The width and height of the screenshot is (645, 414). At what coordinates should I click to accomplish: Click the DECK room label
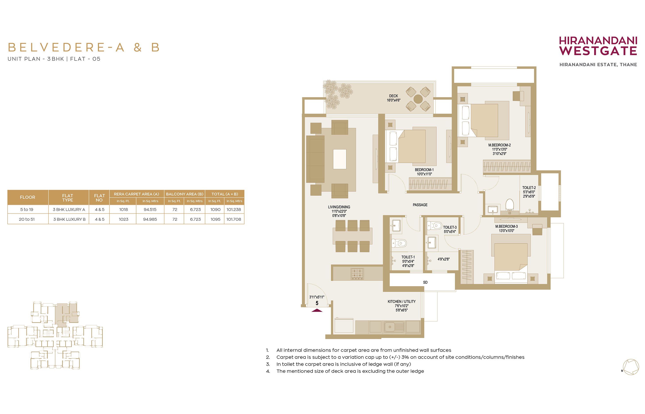click(x=393, y=96)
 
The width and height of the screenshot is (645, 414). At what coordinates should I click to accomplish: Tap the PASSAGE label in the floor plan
click(x=420, y=205)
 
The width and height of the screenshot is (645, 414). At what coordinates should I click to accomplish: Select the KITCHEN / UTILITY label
click(x=401, y=302)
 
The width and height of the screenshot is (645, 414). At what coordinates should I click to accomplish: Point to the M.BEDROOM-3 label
click(x=506, y=226)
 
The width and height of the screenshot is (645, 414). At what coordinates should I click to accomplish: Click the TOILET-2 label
click(x=529, y=188)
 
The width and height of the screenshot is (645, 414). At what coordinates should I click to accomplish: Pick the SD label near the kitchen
click(x=425, y=282)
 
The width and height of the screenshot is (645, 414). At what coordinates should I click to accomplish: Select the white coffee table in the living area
click(x=340, y=159)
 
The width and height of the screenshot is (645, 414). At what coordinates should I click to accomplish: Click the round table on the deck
click(x=418, y=99)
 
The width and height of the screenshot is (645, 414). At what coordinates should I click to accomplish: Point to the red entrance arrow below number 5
click(x=317, y=310)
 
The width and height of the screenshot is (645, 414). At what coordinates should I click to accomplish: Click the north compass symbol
click(x=631, y=367)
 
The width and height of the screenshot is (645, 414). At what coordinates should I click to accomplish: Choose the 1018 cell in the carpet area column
click(x=124, y=209)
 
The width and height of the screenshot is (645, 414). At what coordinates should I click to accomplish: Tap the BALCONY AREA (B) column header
click(x=185, y=194)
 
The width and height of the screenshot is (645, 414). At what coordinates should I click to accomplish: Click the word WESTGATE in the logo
click(x=598, y=51)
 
